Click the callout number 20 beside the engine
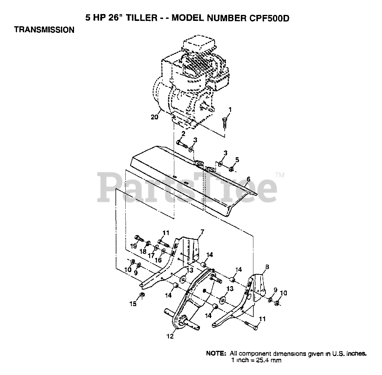[154, 118]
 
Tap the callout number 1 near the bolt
[229, 109]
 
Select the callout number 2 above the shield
[183, 133]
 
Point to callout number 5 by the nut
[237, 160]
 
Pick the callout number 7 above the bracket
[202, 232]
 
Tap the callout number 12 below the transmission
[170, 336]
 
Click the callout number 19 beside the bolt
[133, 246]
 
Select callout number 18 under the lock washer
[143, 251]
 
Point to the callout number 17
[151, 256]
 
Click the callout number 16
[158, 260]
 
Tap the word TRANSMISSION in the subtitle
[44, 30]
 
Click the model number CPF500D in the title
[267, 18]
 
